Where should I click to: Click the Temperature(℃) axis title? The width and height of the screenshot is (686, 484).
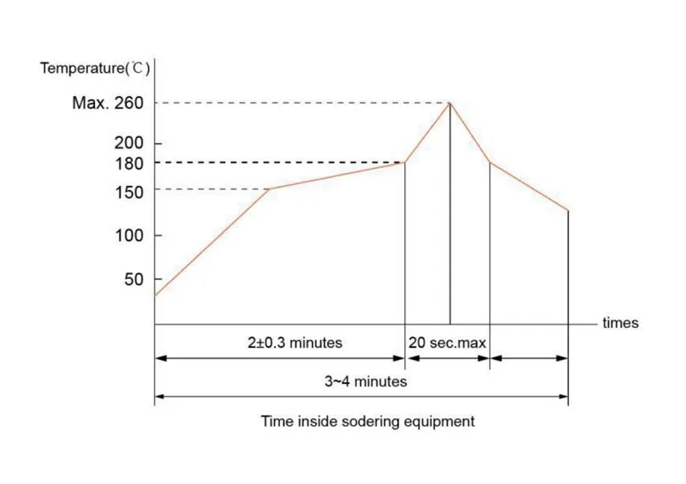[x=95, y=68]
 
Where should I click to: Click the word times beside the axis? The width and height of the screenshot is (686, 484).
[x=621, y=324]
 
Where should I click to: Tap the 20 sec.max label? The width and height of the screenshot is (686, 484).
[x=447, y=343]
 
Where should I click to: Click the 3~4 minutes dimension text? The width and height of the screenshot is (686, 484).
[x=366, y=382]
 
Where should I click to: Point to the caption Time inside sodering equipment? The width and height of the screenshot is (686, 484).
[x=368, y=421]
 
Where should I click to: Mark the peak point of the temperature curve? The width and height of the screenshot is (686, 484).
[x=450, y=104]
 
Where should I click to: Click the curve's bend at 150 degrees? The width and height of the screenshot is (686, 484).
[x=270, y=188]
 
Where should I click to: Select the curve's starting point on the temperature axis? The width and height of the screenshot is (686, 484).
[x=155, y=296]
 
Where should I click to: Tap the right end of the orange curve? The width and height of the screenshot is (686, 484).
[x=568, y=211]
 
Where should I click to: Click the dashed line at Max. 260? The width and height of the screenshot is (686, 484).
[x=300, y=104]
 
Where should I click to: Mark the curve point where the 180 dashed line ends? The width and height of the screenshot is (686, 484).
[x=404, y=162]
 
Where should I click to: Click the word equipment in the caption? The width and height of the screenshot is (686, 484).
[x=441, y=422]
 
